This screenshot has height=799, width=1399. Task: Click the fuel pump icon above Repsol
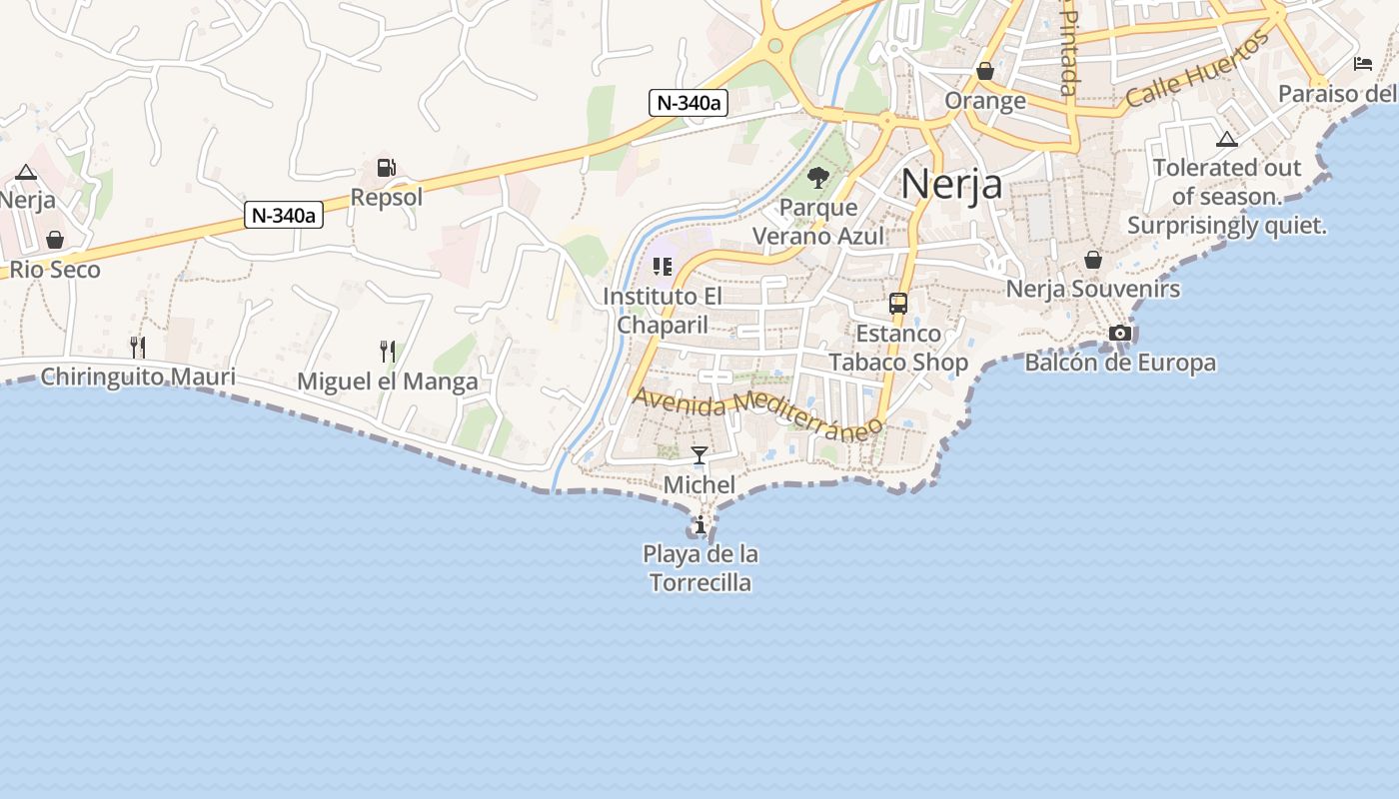(386, 168)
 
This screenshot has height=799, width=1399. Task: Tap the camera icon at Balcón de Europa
(1120, 333)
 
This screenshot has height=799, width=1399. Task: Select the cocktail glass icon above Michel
(699, 455)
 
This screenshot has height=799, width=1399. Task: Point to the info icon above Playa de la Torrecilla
(700, 524)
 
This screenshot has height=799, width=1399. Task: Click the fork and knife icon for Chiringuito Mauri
(138, 347)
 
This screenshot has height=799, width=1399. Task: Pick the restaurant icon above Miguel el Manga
(388, 351)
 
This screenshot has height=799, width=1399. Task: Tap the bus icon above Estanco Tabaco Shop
(898, 304)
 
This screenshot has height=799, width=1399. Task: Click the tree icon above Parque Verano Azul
(818, 178)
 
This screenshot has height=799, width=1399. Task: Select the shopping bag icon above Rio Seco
(55, 240)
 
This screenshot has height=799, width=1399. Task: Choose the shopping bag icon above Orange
(985, 71)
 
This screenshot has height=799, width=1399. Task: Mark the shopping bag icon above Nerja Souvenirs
(1093, 260)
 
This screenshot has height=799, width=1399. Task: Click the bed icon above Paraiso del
(1363, 64)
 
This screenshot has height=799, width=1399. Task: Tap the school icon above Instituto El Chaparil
(663, 267)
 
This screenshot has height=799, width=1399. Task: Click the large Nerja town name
(951, 184)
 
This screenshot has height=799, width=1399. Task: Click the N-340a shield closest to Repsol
(285, 215)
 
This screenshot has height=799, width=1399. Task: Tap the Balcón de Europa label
(1120, 363)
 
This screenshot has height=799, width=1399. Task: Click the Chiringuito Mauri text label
(138, 377)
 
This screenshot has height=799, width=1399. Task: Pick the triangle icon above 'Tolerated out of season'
(1226, 139)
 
